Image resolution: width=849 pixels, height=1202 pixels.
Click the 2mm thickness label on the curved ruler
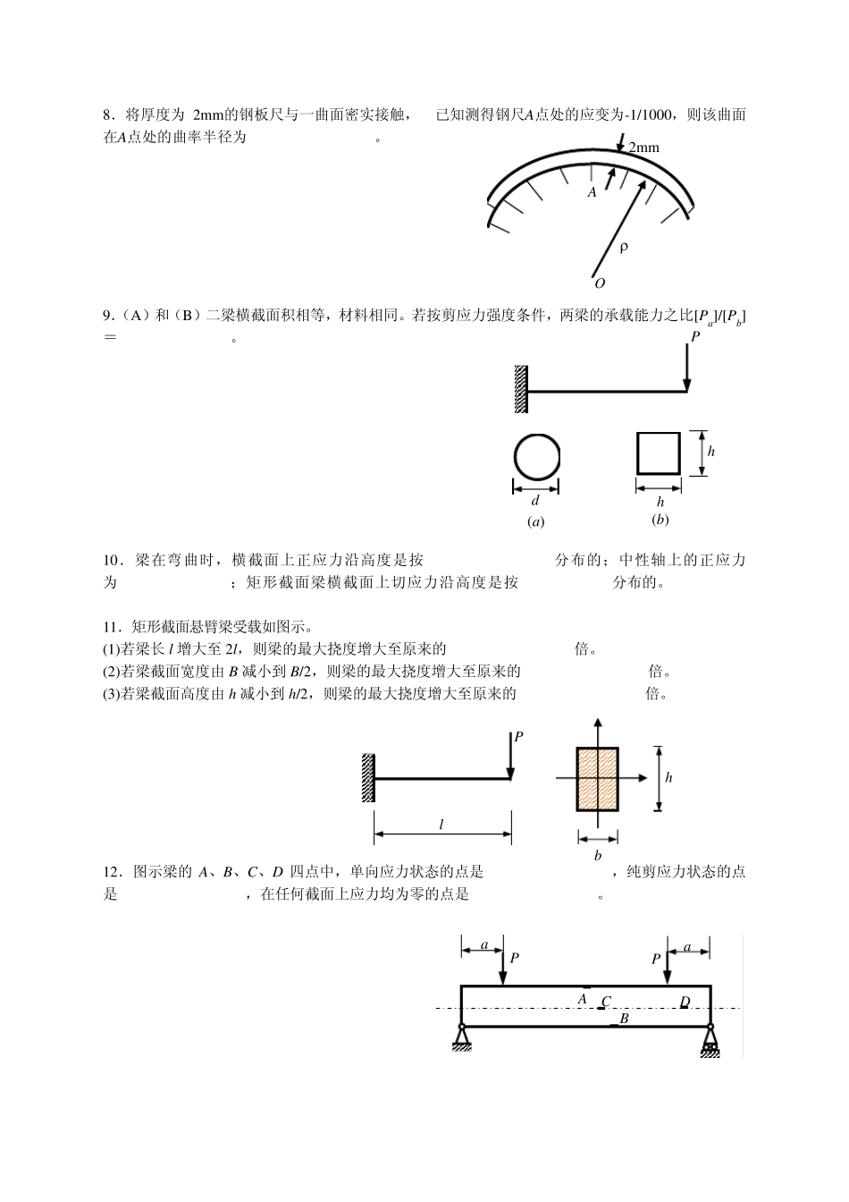click(x=643, y=148)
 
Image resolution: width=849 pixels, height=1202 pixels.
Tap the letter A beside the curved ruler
click(x=592, y=192)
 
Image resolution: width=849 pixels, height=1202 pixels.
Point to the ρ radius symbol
click(x=623, y=247)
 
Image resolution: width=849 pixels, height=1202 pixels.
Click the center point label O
click(x=600, y=284)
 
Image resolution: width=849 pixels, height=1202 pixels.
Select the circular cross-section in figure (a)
click(x=536, y=456)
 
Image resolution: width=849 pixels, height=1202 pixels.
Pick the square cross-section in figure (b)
click(x=659, y=453)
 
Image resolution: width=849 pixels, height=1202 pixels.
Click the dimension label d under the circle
click(x=535, y=502)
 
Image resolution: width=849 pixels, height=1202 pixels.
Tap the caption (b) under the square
click(x=660, y=520)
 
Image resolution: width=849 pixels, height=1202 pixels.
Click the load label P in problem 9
click(x=695, y=336)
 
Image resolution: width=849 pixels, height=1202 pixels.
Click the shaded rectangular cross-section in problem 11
click(x=598, y=778)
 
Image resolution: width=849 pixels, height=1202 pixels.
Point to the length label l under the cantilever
click(x=441, y=825)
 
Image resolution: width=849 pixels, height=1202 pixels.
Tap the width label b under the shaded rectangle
click(x=598, y=856)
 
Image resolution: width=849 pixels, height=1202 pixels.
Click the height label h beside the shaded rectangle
click(x=668, y=777)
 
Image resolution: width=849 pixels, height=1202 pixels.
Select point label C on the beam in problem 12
click(x=606, y=1002)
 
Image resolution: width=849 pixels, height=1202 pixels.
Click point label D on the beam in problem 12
click(x=685, y=1002)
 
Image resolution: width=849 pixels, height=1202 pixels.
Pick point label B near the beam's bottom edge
click(x=624, y=1019)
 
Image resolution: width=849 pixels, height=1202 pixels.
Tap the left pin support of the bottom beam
click(x=461, y=1038)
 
